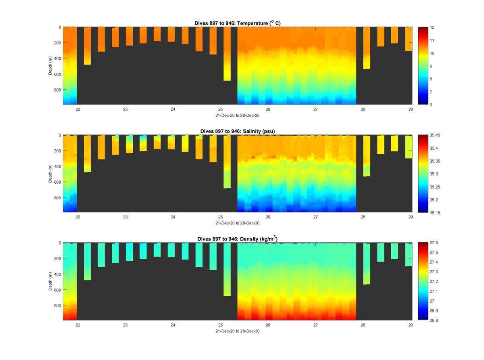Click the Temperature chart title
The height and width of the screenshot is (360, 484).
coord(237,23)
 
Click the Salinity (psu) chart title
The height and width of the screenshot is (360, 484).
coord(237,131)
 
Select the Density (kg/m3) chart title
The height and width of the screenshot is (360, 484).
coord(237,239)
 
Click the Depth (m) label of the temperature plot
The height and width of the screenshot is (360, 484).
coord(51,66)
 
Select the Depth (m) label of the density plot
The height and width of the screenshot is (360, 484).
coord(51,281)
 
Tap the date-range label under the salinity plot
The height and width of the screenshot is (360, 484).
coord(237,223)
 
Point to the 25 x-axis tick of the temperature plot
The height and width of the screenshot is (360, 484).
coord(221,109)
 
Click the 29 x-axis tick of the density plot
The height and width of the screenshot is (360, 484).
coord(411,325)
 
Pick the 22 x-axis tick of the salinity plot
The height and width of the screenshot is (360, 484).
coord(78,217)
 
